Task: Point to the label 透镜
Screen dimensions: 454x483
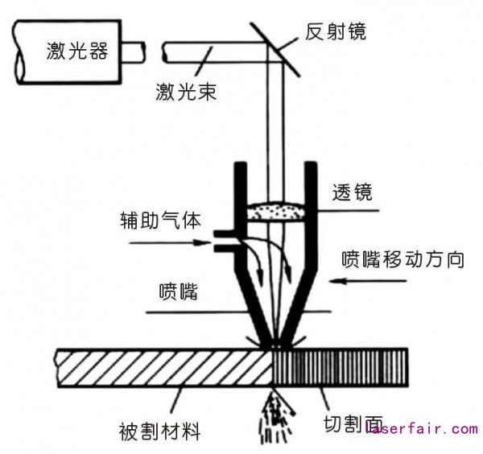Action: [355, 193]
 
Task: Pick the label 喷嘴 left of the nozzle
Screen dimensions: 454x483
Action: [179, 291]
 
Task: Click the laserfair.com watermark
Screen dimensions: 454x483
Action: [422, 429]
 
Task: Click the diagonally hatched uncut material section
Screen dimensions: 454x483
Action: [161, 366]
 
